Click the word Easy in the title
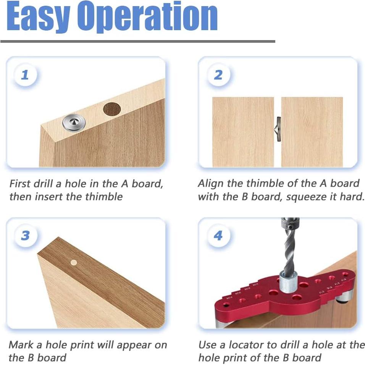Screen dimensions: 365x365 click(x=38, y=17)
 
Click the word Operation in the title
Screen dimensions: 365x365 click(x=147, y=17)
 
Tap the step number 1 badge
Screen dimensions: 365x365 click(x=25, y=75)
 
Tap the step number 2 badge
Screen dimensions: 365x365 click(x=218, y=75)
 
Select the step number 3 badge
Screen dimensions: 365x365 click(x=25, y=236)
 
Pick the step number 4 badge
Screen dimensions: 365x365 click(x=218, y=236)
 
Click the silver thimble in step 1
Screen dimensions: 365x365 click(x=74, y=123)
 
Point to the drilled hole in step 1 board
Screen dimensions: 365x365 click(x=112, y=109)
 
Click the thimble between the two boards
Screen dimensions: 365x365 click(x=278, y=129)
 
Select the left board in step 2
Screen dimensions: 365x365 click(x=243, y=132)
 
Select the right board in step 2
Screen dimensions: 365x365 click(x=312, y=132)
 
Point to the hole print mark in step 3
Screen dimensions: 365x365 click(x=74, y=263)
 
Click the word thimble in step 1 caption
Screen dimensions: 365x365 click(x=104, y=197)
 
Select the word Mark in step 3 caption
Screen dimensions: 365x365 click(x=21, y=345)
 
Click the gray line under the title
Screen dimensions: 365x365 click(x=137, y=41)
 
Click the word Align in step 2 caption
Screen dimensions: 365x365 click(x=211, y=183)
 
